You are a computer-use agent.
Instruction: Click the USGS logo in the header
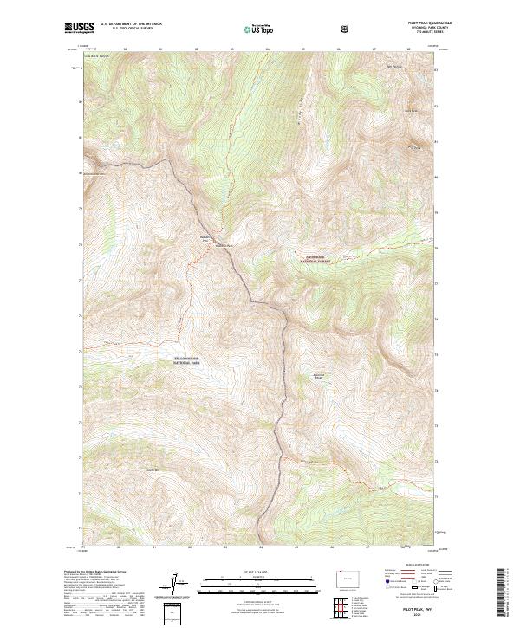(x=79, y=29)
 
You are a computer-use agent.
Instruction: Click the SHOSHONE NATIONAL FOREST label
(x=317, y=258)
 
